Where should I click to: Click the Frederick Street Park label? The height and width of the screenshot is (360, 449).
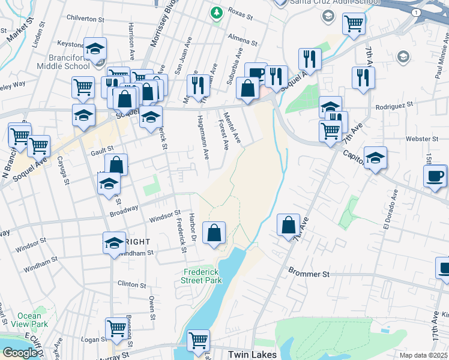pyautogui.click(x=202, y=276)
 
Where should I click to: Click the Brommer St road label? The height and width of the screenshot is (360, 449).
pyautogui.click(x=309, y=274)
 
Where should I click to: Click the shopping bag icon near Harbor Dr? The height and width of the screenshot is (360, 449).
pyautogui.click(x=214, y=233)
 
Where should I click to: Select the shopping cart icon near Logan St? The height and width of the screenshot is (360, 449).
pyautogui.click(x=116, y=328)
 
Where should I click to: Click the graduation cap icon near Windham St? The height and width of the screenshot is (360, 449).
pyautogui.click(x=114, y=243)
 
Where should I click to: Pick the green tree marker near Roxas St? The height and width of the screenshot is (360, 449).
pyautogui.click(x=216, y=11)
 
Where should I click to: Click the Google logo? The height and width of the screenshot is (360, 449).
pyautogui.click(x=20, y=353)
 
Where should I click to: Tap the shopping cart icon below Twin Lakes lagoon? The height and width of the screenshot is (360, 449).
pyautogui.click(x=197, y=340)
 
